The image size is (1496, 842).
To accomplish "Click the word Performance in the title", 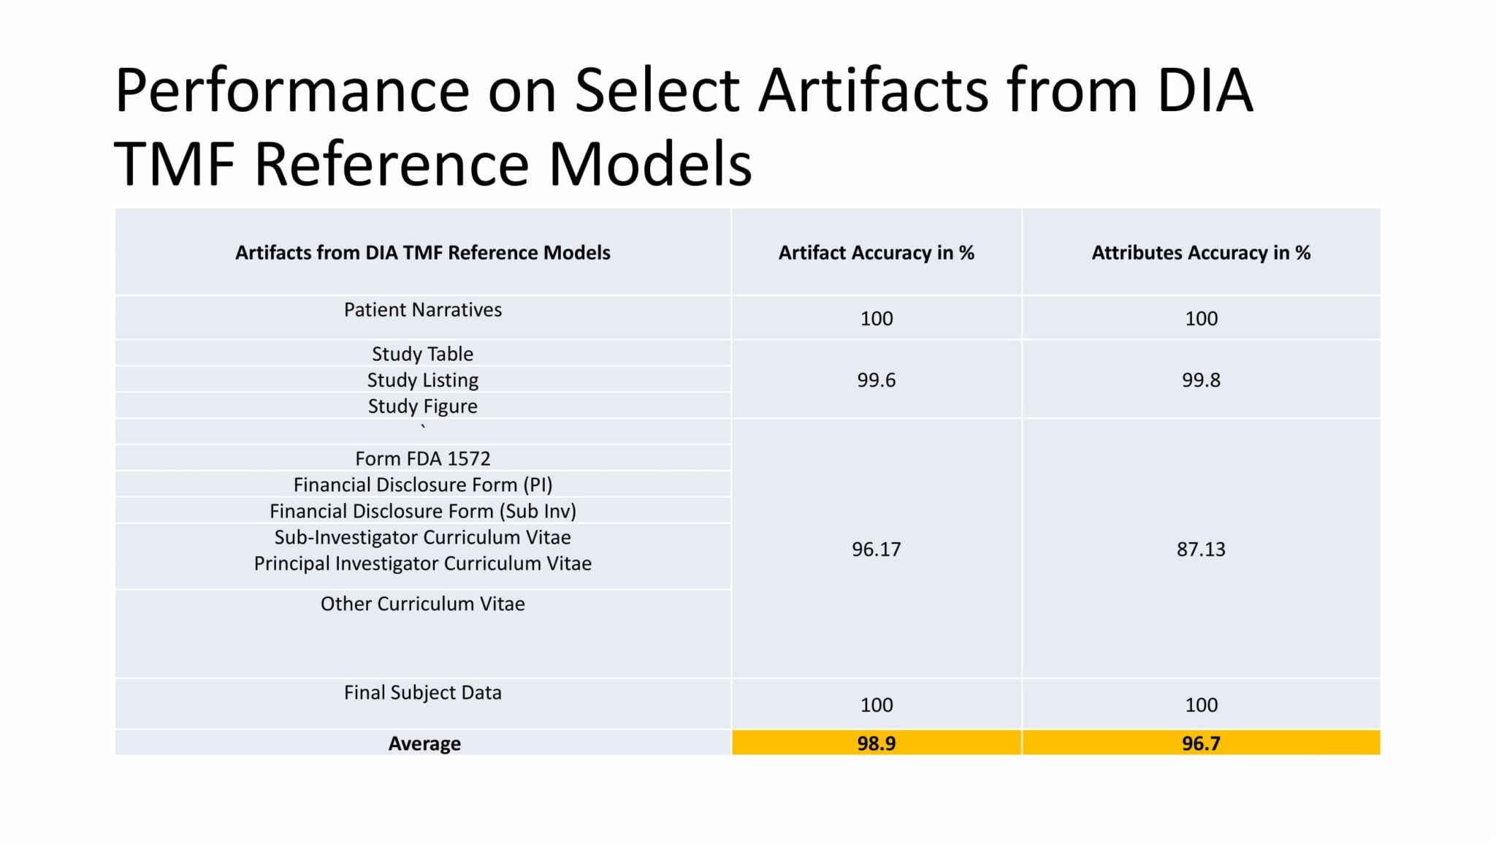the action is coord(293,91).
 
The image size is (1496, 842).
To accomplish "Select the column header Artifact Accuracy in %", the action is coord(876,253).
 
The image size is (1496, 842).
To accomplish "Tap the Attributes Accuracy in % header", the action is coord(1201,253).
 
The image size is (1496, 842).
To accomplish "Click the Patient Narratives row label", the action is coord(423,310).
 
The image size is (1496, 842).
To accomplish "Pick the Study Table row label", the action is coord(423,354).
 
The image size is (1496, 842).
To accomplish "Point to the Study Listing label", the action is coord(423,380).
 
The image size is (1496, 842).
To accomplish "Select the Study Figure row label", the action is coord(423,406).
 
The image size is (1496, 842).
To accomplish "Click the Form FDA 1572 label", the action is coord(423,458).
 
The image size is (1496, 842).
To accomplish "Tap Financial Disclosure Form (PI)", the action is coord(423,485).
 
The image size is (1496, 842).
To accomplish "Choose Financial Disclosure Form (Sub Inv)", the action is coord(423,511).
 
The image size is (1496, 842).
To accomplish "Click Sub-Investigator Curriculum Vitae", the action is coord(423,537).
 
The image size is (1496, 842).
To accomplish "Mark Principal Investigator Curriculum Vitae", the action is coord(423,564).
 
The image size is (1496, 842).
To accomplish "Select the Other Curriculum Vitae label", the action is coord(423,604).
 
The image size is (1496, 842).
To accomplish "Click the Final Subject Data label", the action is coord(423,692).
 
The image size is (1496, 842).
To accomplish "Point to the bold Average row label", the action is coord(424,743).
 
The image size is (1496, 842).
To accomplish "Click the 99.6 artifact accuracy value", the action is coord(876,380).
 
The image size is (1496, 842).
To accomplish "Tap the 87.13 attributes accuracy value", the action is coord(1201,549).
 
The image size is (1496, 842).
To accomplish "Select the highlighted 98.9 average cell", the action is coord(876,743).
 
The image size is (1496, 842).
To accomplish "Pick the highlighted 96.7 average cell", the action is coord(1201,743).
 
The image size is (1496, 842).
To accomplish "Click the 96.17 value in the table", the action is coord(876,549).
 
